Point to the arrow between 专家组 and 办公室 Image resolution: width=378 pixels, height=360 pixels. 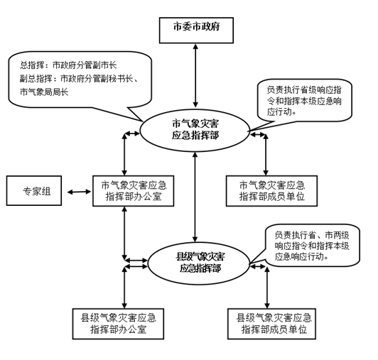pyautogui.click(x=79, y=192)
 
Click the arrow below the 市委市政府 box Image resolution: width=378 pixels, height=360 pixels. pyautogui.click(x=196, y=75)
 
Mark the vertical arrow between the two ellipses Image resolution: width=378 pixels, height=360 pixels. pyautogui.click(x=195, y=197)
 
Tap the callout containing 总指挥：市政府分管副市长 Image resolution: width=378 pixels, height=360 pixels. pyautogui.click(x=80, y=80)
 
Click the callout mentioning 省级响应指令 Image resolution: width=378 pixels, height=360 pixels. pyautogui.click(x=304, y=100)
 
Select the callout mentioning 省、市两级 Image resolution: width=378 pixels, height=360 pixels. pyautogui.click(x=313, y=245)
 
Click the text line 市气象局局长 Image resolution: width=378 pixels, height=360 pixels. pyautogui.click(x=44, y=92)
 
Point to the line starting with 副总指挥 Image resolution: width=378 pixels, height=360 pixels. pyautogui.click(x=79, y=79)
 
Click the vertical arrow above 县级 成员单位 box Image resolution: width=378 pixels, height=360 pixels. pyautogui.click(x=267, y=288)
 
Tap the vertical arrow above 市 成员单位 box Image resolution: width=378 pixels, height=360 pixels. pyautogui.click(x=266, y=155)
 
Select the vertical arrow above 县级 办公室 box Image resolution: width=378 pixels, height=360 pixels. pyautogui.click(x=124, y=288)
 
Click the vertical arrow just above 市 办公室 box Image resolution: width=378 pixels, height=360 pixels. pyautogui.click(x=124, y=155)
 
